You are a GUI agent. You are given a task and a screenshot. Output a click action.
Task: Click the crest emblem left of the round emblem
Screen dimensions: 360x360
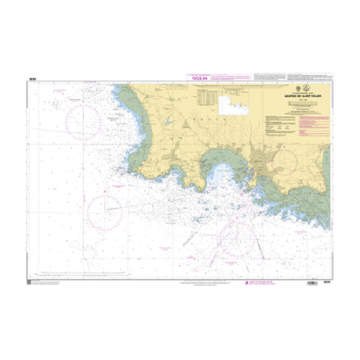(x=292, y=89)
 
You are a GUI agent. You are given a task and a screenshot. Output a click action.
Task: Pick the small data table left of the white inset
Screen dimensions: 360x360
(x=208, y=97)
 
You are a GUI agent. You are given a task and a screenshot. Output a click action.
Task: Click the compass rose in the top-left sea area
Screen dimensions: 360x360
(x=84, y=120)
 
